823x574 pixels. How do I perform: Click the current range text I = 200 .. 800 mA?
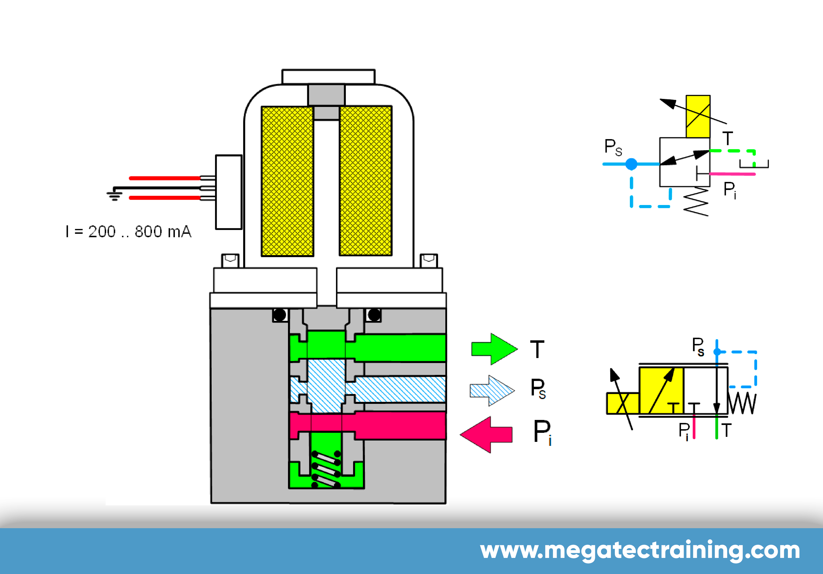point(129,232)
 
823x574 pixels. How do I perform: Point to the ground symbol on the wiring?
point(114,195)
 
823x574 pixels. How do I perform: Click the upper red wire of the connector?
point(164,178)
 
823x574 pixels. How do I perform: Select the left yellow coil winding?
point(287,181)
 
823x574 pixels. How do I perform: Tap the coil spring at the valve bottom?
point(326,469)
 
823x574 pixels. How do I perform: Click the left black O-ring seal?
point(280,315)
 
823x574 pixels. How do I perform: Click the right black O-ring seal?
point(374,315)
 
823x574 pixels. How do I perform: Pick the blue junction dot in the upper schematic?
point(631,164)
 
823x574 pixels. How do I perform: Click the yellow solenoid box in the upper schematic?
point(698,116)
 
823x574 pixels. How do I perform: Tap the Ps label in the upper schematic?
point(613,147)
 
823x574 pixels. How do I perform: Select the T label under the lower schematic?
point(726,430)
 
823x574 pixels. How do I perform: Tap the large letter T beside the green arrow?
point(537,349)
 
